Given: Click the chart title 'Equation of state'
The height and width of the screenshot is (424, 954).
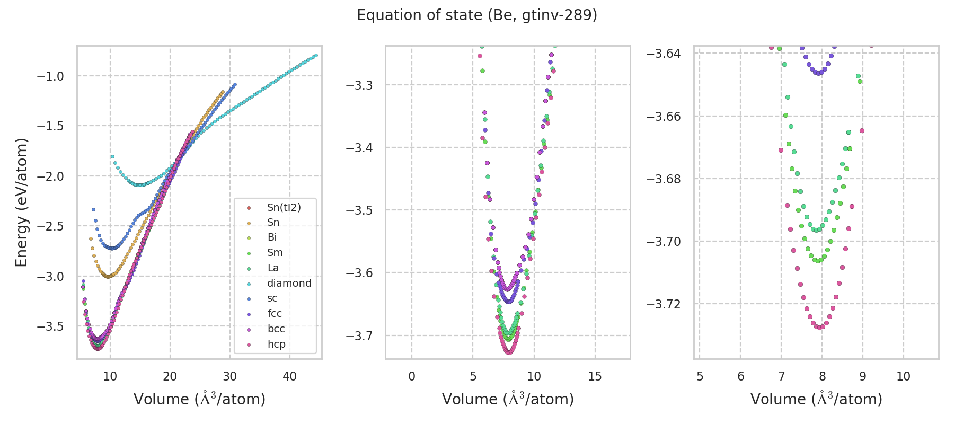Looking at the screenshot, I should point(477,15).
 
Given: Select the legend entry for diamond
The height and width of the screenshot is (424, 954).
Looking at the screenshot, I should point(289,283).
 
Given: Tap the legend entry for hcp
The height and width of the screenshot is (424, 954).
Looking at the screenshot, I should point(276,344).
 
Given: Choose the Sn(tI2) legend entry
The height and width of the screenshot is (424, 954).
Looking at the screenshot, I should point(284,207).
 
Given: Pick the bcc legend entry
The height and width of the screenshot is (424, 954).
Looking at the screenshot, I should point(276,329).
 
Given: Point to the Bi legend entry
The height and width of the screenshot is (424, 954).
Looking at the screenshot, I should point(272,237).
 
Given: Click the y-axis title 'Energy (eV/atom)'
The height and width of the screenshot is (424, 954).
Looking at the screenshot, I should point(21,202).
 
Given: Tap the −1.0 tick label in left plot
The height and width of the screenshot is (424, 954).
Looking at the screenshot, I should point(50,76).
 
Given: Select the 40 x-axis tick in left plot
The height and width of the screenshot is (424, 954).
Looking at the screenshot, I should point(290,376).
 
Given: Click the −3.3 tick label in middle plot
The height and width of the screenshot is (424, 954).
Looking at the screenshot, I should point(359,85).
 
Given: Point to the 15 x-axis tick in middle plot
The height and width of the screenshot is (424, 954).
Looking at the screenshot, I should point(595,376).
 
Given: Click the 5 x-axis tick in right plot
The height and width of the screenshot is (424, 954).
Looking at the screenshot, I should point(700,376).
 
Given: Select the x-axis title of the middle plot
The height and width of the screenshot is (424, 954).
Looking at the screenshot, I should point(508,399).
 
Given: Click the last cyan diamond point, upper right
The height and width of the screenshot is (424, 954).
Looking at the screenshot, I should point(316,55).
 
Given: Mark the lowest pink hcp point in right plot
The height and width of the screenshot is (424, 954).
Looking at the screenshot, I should point(820,328).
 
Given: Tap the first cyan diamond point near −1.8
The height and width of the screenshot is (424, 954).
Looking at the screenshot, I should point(112,157).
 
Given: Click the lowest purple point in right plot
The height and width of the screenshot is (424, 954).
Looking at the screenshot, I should point(818,73).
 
